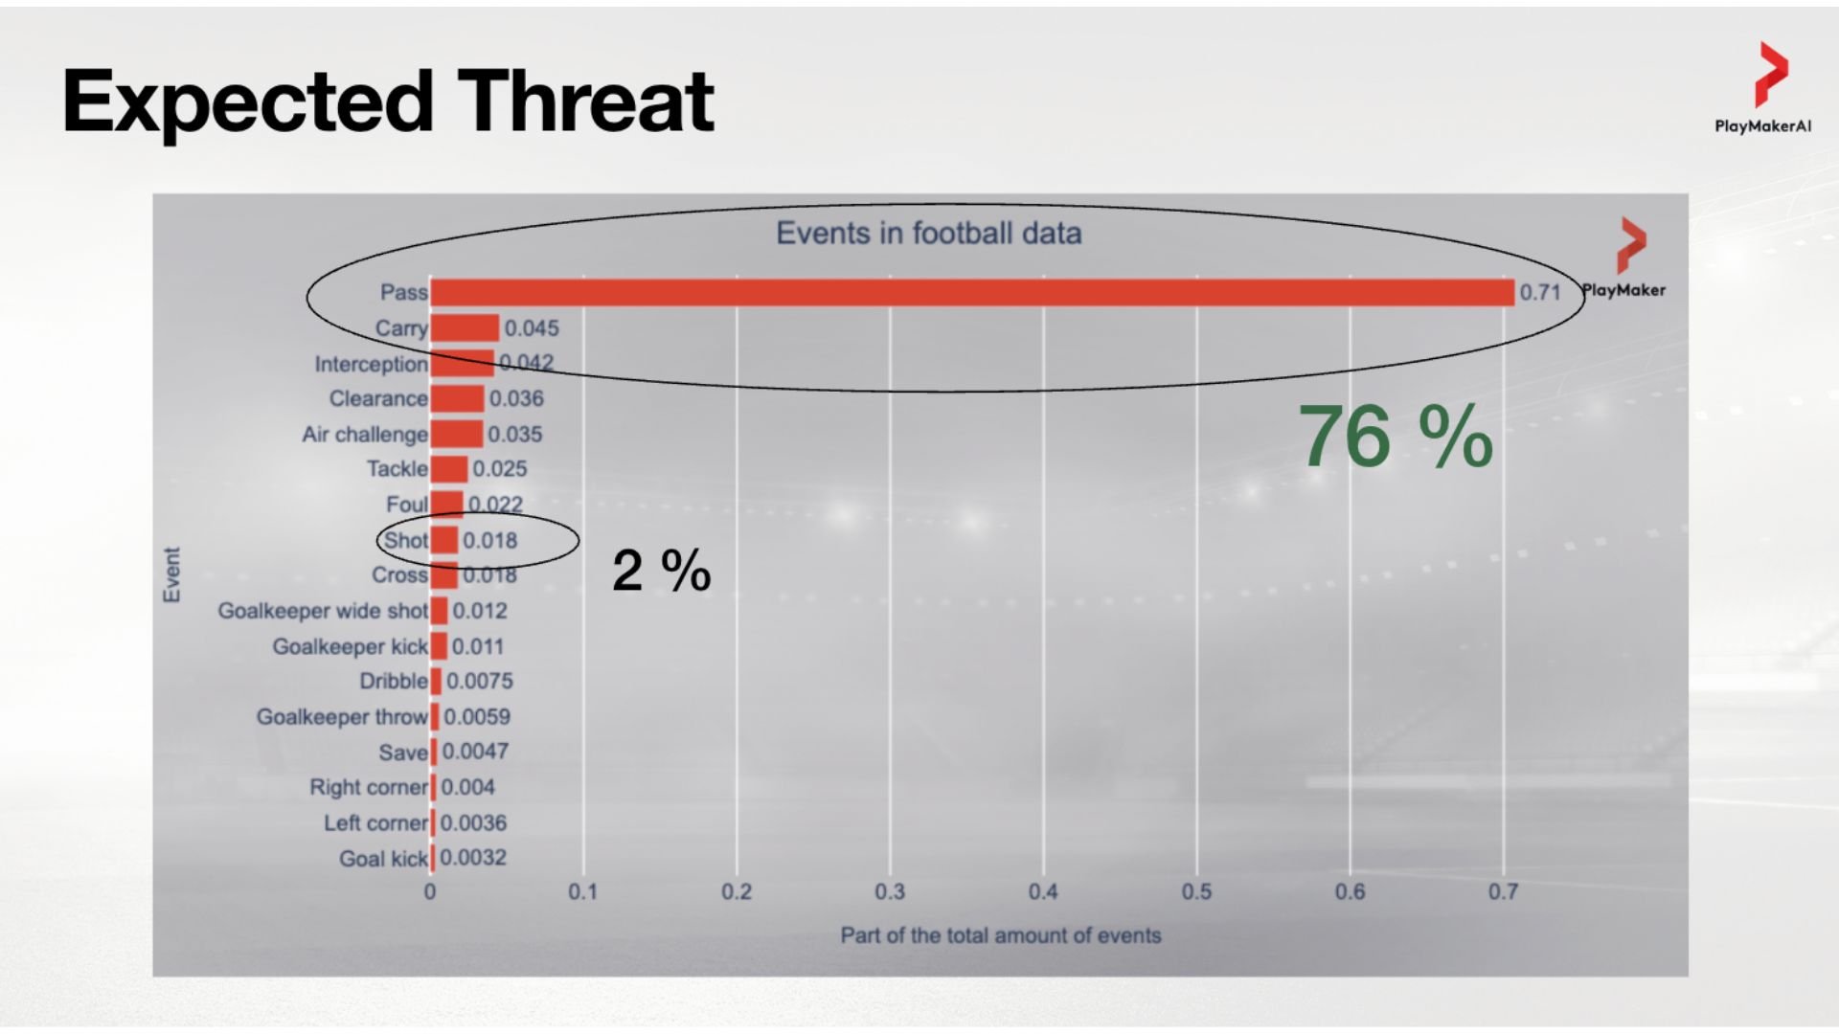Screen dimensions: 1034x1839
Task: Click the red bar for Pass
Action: click(x=971, y=292)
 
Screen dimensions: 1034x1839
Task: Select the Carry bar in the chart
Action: click(x=465, y=327)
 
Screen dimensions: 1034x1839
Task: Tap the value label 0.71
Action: click(x=1539, y=292)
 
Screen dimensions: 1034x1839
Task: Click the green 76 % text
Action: click(x=1395, y=438)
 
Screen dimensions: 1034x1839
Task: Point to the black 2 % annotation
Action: click(x=661, y=571)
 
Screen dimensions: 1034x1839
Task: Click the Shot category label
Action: click(x=405, y=540)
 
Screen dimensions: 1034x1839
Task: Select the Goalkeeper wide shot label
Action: click(x=322, y=611)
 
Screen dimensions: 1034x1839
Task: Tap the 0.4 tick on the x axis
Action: click(x=1042, y=891)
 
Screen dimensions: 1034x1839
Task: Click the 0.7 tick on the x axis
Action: click(x=1502, y=891)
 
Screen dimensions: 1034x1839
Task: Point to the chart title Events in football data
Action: click(x=928, y=233)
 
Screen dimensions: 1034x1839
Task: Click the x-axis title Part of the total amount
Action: click(x=1000, y=935)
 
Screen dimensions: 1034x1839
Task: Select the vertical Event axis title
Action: click(x=171, y=574)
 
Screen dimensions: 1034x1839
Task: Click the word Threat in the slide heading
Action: click(x=584, y=101)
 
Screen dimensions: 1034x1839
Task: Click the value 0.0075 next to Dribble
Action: click(x=479, y=681)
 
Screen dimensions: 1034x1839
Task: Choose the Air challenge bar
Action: click(x=457, y=434)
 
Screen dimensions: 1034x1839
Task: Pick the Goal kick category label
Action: click(x=382, y=859)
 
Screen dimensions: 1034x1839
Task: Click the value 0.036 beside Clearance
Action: click(x=515, y=398)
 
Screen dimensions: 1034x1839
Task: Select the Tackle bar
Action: click(x=448, y=469)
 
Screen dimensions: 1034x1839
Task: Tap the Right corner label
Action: click(x=368, y=787)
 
